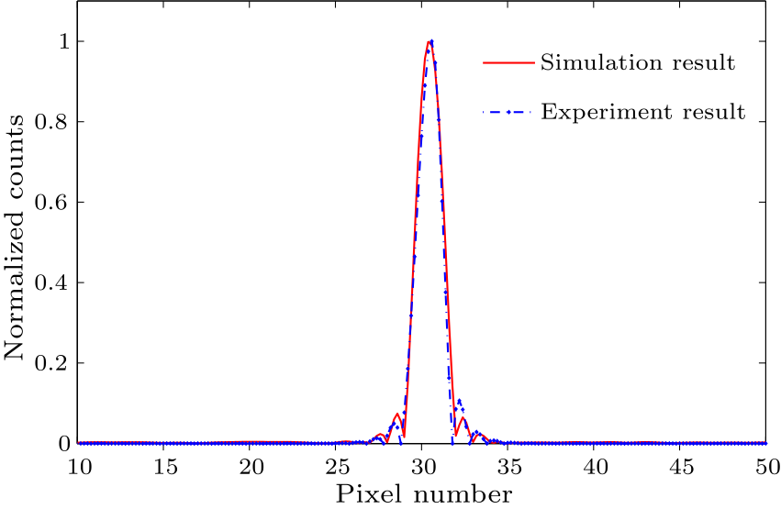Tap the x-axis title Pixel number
(422, 495)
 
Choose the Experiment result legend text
(642, 113)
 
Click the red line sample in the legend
(507, 63)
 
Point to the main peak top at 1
(430, 41)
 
